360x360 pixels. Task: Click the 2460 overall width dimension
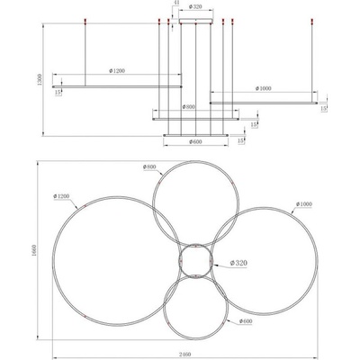pyautogui.click(x=185, y=355)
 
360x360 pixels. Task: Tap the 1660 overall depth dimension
pyautogui.click(x=33, y=250)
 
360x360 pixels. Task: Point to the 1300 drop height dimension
pyautogui.click(x=40, y=79)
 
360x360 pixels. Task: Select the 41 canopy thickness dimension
pyautogui.click(x=176, y=3)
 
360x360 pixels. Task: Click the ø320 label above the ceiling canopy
pyautogui.click(x=195, y=7)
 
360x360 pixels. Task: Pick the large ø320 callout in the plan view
pyautogui.click(x=238, y=263)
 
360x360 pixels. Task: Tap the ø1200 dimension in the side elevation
pyautogui.click(x=117, y=71)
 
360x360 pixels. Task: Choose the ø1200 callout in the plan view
pyautogui.click(x=61, y=196)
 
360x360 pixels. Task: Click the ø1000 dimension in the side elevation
pyautogui.click(x=263, y=88)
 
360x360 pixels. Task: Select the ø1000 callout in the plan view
pyautogui.click(x=304, y=204)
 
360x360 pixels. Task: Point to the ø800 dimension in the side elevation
pyautogui.click(x=189, y=107)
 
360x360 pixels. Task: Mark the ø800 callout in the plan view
pyautogui.click(x=149, y=166)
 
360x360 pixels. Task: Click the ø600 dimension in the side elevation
pyautogui.click(x=195, y=142)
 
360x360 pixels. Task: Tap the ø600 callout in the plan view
pyautogui.click(x=246, y=321)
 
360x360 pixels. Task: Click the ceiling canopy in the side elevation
pyautogui.click(x=196, y=21)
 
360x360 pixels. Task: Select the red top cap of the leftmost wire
pyautogui.click(x=85, y=21)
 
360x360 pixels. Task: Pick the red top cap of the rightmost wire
pyautogui.click(x=312, y=21)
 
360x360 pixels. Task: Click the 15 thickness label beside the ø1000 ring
pyautogui.click(x=323, y=109)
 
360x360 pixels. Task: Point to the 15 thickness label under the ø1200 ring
pyautogui.click(x=58, y=93)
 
